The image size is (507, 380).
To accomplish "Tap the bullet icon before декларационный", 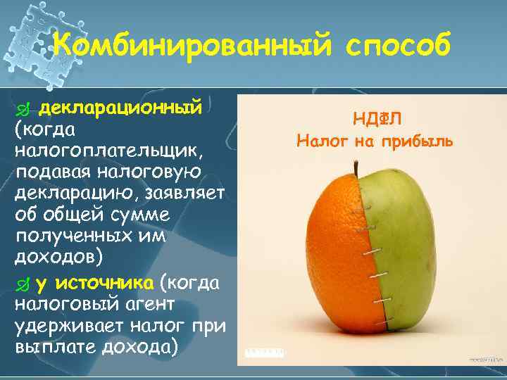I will [x=23, y=110].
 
